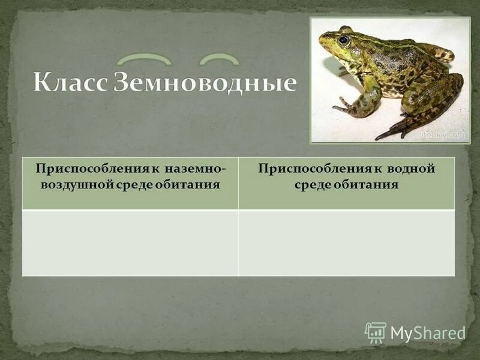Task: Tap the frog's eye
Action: tap(344, 40)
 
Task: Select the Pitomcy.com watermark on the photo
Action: tap(441, 135)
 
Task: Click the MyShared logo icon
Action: tap(376, 332)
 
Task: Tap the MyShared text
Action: tap(427, 333)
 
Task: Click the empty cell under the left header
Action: tap(130, 242)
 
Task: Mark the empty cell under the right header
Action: tap(346, 242)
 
